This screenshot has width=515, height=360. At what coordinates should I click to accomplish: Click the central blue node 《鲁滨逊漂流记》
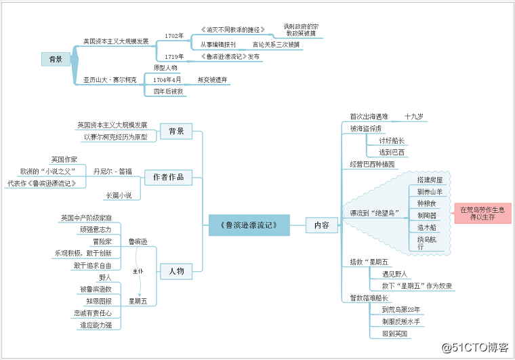[x=250, y=224]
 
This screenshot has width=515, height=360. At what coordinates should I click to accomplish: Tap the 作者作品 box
[x=169, y=177]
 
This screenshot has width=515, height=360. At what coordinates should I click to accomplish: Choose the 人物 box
[x=176, y=271]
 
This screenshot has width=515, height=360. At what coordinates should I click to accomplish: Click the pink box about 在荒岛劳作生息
[x=482, y=213]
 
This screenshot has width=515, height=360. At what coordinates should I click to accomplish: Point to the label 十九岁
[x=413, y=116]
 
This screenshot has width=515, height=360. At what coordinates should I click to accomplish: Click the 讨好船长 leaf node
[x=392, y=140]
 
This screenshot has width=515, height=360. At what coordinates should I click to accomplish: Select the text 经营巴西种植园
[x=372, y=164]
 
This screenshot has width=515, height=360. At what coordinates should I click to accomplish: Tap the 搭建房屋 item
[x=430, y=180]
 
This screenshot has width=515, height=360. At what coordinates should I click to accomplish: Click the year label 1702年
[x=174, y=35]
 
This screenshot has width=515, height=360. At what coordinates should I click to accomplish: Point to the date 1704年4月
[x=167, y=79]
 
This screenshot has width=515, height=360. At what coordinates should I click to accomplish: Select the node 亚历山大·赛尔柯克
[x=110, y=79]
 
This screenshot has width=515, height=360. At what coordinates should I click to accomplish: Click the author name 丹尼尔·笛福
[x=112, y=171]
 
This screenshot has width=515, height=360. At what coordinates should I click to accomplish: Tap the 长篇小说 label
[x=119, y=195]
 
